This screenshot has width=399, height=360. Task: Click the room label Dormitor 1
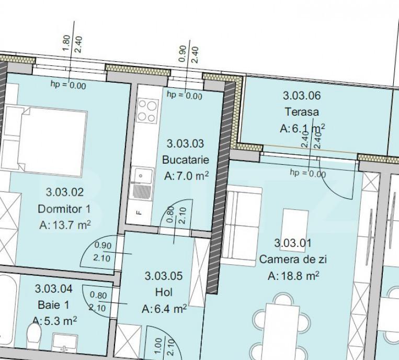[64, 209]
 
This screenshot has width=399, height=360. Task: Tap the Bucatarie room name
[186, 160]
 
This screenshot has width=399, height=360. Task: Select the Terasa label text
[302, 112]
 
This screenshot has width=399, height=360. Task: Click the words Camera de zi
[293, 260]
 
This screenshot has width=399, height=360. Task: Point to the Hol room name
[164, 292]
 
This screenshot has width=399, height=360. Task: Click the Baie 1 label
[53, 305]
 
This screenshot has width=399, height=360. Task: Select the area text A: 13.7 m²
[65, 225]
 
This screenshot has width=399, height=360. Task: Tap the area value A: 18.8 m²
[293, 276]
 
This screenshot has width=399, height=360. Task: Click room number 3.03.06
[302, 96]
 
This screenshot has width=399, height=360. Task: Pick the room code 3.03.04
[53, 289]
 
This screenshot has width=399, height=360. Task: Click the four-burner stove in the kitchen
[147, 111]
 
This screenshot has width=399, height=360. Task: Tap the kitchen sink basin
[144, 176]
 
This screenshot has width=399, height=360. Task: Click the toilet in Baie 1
[34, 332]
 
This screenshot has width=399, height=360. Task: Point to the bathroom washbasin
[65, 342]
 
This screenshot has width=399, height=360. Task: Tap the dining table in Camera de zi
[282, 331]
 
